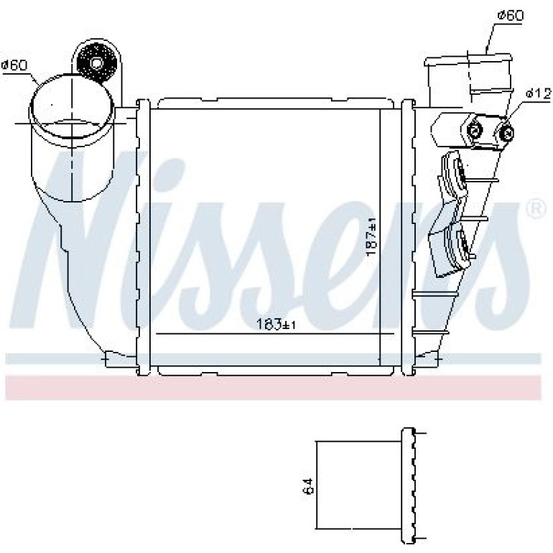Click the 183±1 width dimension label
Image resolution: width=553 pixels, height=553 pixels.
275,324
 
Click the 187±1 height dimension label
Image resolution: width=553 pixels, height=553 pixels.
372,236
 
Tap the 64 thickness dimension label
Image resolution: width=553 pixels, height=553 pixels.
307,486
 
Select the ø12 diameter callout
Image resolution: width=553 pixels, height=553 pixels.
538,94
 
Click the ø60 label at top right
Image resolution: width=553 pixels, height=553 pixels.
511,16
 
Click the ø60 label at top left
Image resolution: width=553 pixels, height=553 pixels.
14,65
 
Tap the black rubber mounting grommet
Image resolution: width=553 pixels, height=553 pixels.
97,63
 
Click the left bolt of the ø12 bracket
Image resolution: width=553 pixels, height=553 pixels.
474,131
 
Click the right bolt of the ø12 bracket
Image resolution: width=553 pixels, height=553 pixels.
507,133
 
